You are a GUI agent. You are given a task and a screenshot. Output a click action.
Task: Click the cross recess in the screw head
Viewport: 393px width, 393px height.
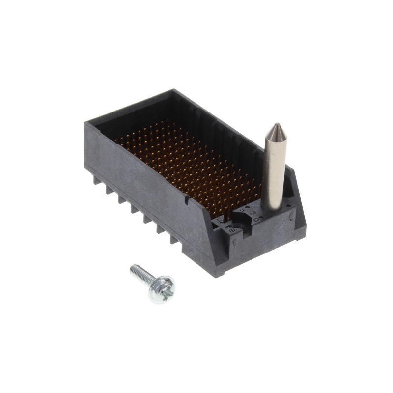166,290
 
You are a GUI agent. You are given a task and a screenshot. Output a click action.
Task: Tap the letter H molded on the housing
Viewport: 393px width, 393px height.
219,221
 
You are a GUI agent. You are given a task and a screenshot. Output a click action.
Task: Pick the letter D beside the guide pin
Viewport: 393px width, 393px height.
256,220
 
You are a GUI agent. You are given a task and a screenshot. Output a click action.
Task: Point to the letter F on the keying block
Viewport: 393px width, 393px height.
242,211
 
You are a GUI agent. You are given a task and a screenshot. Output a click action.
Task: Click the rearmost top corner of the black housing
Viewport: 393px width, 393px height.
172,90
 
